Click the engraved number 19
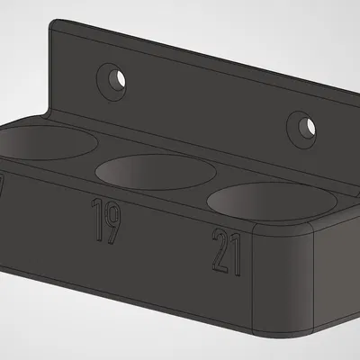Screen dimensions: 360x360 click(x=107, y=221)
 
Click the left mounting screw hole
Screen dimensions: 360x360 click(x=113, y=79)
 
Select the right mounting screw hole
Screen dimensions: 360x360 click(x=303, y=127)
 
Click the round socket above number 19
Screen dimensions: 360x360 click(x=155, y=172)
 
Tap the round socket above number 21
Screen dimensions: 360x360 click(x=271, y=201)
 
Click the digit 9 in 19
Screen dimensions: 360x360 click(x=113, y=221)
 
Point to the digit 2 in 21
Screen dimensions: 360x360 click(x=220, y=251)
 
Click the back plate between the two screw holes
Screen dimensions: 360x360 click(x=207, y=103)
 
